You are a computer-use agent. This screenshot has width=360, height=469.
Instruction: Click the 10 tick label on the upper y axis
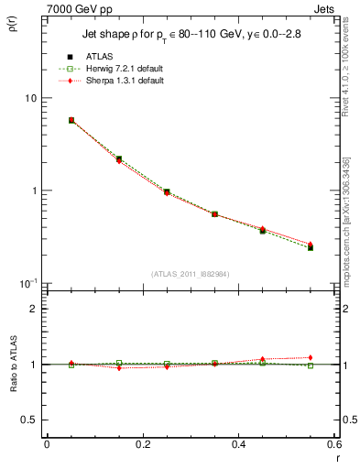coord(29,98)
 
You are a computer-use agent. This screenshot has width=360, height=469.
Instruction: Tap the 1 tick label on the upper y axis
coord(33,191)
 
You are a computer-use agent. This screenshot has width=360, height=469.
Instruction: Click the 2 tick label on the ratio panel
coord(34,309)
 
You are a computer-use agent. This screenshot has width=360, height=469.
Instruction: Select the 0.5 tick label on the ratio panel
coord(29,420)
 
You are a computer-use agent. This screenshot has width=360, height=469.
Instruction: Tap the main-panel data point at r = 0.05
coord(71,120)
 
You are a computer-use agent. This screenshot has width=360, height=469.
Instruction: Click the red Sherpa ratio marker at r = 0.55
coord(311,357)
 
